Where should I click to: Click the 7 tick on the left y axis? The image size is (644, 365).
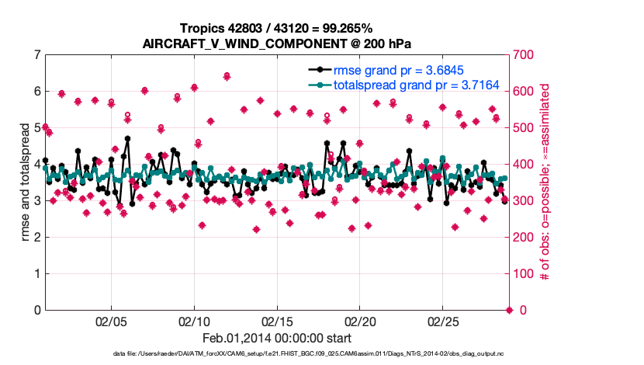coord(36,55)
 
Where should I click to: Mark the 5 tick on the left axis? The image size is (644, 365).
coord(36,128)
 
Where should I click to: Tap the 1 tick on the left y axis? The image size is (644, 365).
coord(36,274)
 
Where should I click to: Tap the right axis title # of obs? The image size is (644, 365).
coord(545,182)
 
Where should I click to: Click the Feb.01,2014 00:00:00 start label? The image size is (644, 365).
coord(276,338)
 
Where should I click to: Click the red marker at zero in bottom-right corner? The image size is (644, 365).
coord(509,311)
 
